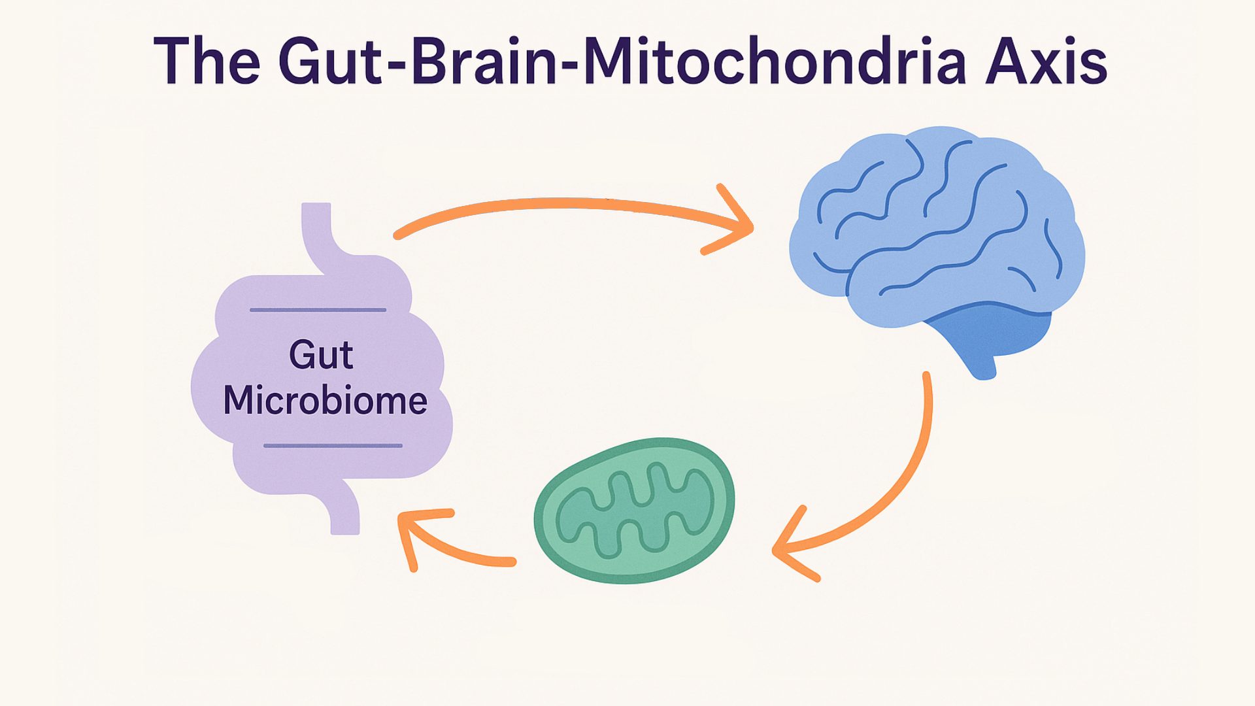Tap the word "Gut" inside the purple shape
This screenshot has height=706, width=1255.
click(321, 355)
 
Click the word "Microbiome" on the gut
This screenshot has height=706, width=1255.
click(325, 400)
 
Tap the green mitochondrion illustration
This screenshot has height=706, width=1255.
click(634, 511)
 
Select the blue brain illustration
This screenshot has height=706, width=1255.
click(937, 248)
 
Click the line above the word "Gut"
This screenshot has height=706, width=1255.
click(318, 310)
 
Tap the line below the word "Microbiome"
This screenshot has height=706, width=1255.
click(333, 446)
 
